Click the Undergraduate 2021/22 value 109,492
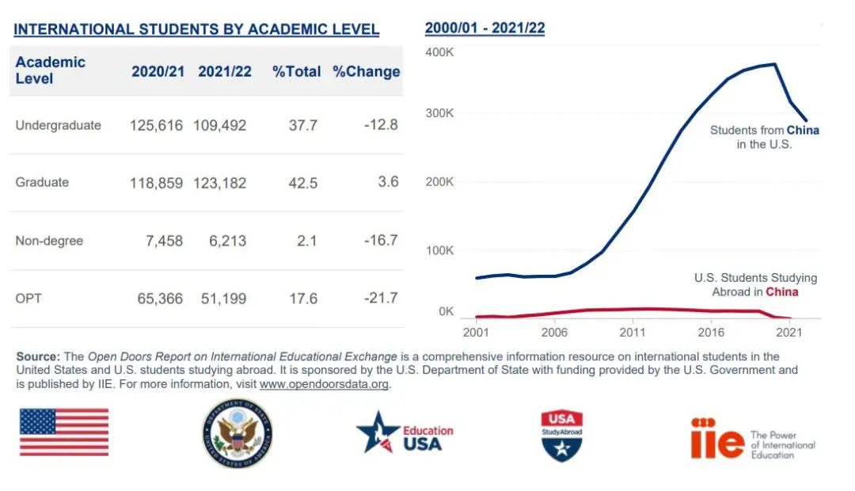click(x=220, y=125)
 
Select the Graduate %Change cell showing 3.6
click(x=388, y=182)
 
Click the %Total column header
click(x=297, y=71)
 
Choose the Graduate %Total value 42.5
click(x=302, y=183)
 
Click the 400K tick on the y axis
click(x=439, y=51)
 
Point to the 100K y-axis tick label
click(x=439, y=250)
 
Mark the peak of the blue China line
click(x=773, y=64)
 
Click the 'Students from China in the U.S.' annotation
click(x=764, y=137)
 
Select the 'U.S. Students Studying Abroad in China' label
click(x=755, y=285)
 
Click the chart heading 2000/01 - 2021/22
click(x=484, y=29)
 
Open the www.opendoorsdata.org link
click(x=325, y=384)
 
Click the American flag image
click(x=64, y=432)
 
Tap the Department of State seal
click(x=237, y=433)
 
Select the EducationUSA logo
click(x=405, y=433)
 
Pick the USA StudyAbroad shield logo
click(x=561, y=435)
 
